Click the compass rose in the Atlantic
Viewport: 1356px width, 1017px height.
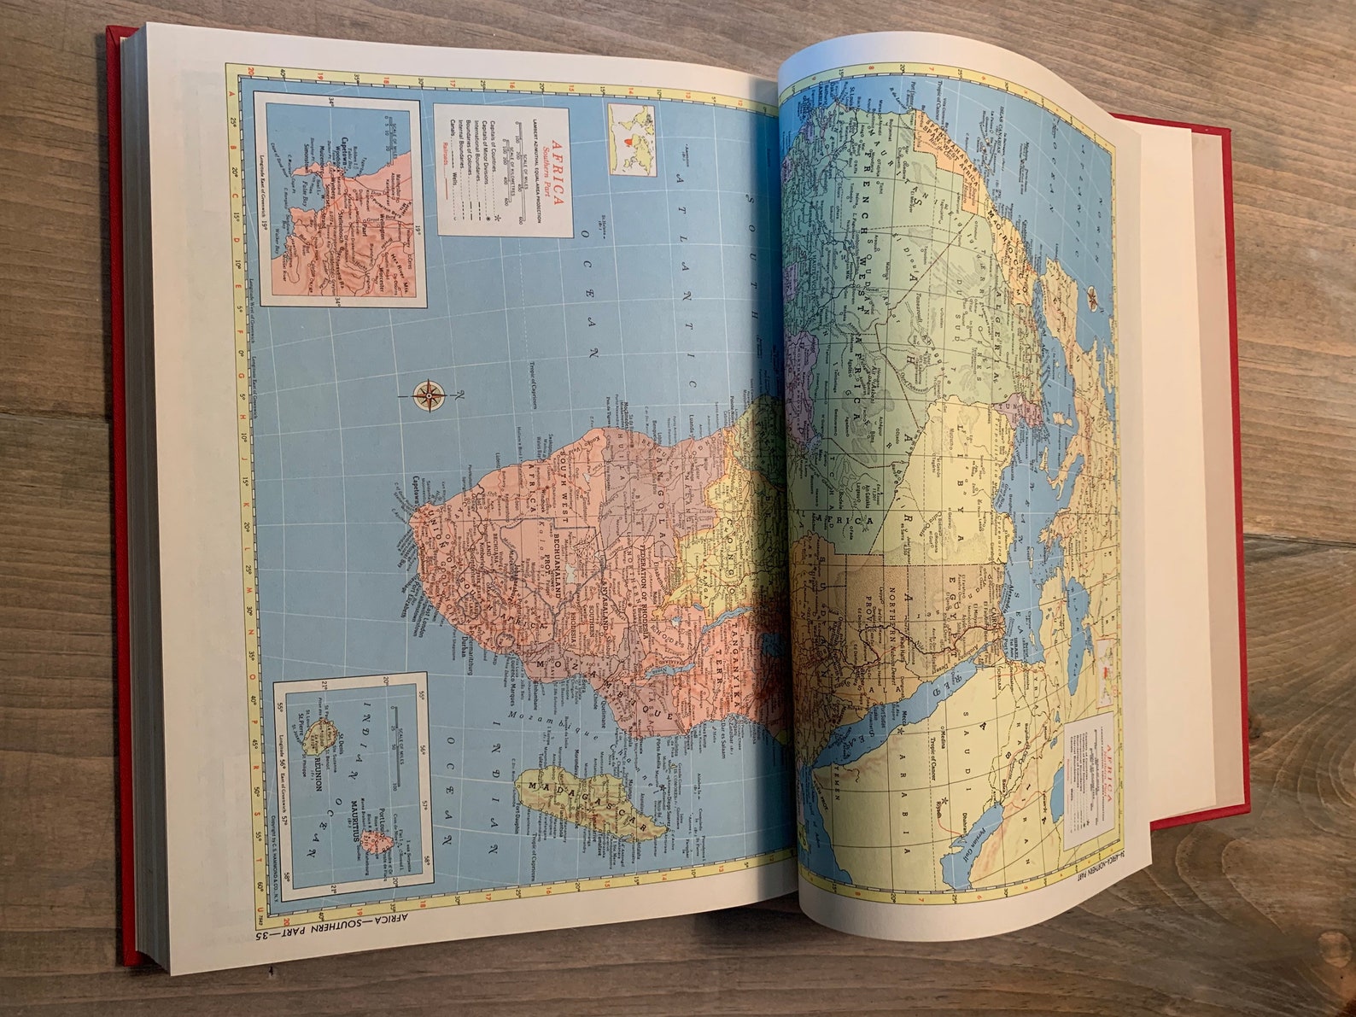coord(430,395)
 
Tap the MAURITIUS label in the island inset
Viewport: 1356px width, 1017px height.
coord(355,824)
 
